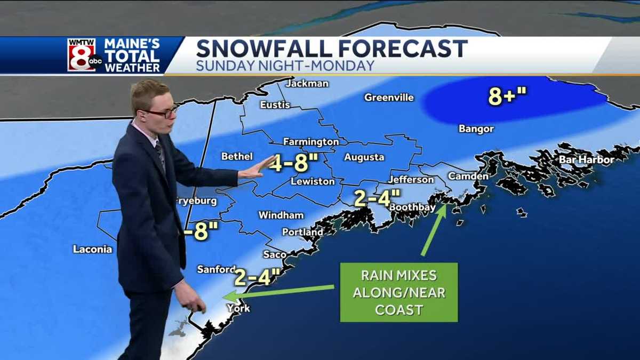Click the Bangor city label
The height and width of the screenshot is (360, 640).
(476, 129)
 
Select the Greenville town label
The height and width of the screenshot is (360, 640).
(389, 98)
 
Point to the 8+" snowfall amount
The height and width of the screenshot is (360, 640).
(507, 97)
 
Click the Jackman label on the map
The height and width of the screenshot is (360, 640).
(307, 84)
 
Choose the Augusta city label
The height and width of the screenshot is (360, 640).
(364, 157)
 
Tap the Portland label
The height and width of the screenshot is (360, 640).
(302, 232)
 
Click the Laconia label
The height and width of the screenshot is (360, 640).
(93, 249)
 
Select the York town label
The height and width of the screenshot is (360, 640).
(238, 308)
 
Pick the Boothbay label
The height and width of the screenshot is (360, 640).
(410, 207)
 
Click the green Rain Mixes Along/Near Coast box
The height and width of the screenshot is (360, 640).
(399, 292)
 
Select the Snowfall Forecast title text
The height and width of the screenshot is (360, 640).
(332, 49)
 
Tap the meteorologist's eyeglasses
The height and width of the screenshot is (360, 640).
(162, 113)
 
